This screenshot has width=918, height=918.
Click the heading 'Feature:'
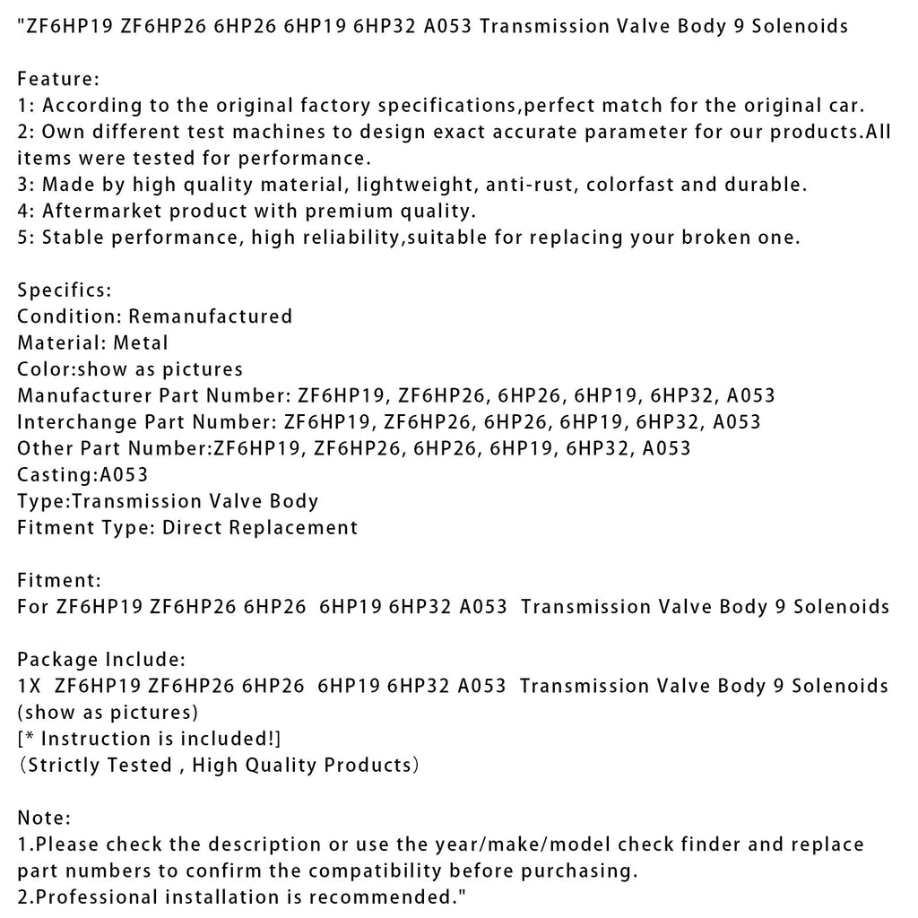[58, 80]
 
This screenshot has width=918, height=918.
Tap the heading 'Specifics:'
[65, 290]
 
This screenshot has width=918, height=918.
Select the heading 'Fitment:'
[59, 581]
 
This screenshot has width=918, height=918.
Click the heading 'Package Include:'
[101, 660]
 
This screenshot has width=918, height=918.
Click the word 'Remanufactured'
[211, 316]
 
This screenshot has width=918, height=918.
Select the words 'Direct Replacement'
[259, 528]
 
